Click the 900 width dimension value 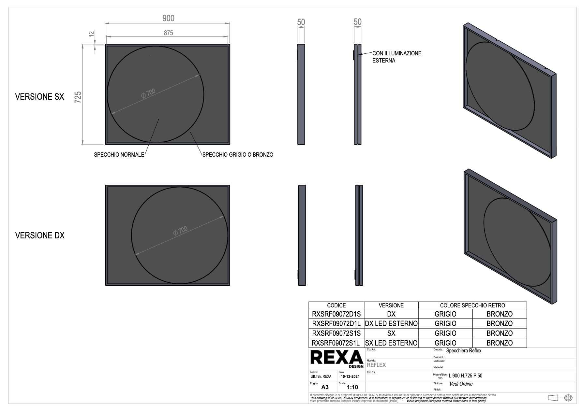(168, 18)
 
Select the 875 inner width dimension (168, 33)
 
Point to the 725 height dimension (78, 97)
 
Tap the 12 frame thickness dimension (92, 33)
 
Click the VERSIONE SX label (39, 97)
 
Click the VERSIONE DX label (40, 235)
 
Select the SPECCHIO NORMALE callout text (119, 155)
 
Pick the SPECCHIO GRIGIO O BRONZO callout (238, 155)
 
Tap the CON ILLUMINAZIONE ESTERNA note (396, 57)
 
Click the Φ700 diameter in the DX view (180, 231)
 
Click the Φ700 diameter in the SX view (148, 93)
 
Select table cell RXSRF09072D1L (336, 324)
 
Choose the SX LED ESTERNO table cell (391, 343)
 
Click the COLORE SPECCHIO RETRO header (472, 305)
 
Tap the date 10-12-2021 (350, 376)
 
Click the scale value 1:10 (352, 387)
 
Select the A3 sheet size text (325, 387)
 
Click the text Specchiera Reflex (463, 351)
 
